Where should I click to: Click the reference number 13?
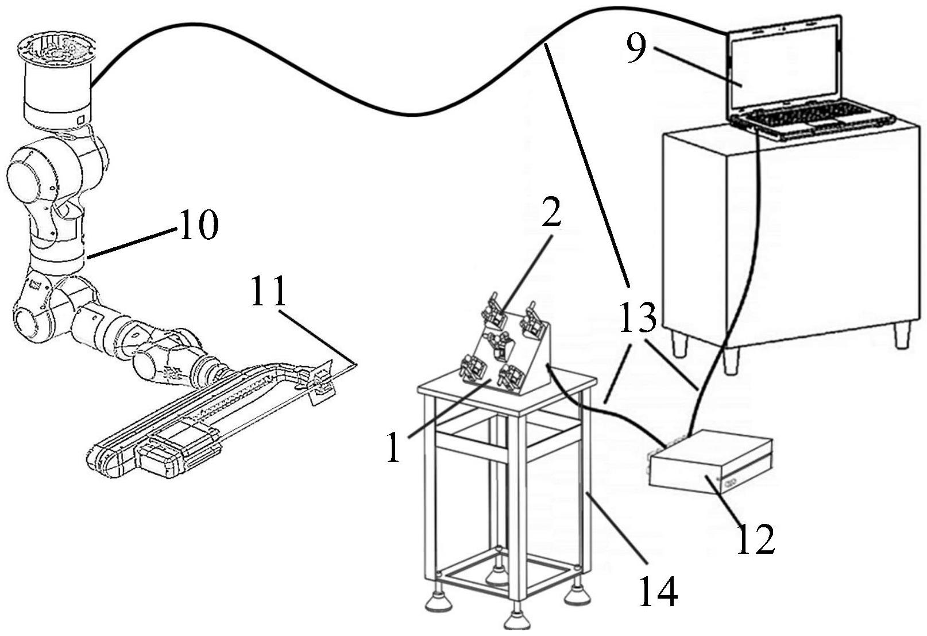(638, 317)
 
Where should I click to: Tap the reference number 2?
(551, 213)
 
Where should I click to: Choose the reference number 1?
(393, 447)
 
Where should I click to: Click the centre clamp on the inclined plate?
(500, 344)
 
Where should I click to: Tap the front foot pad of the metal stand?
(515, 621)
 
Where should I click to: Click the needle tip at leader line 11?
(356, 365)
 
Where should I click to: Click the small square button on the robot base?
(81, 120)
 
